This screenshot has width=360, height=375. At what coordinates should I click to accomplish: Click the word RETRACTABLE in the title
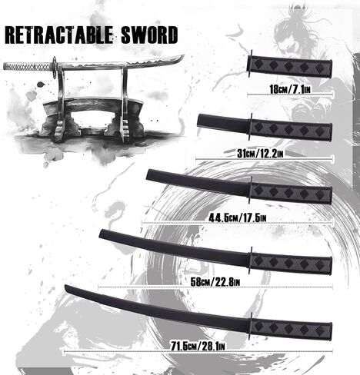tap(58, 35)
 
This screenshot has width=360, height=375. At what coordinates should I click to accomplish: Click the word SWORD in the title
tap(149, 35)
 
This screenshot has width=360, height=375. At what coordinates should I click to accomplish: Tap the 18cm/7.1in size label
tap(290, 89)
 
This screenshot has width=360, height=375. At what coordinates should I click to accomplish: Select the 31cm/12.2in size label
tap(260, 154)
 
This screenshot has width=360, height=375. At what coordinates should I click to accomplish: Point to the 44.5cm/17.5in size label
tap(238, 218)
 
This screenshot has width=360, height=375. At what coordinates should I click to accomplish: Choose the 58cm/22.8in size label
tap(215, 282)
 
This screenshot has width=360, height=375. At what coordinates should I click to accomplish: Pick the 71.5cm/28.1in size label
tap(198, 347)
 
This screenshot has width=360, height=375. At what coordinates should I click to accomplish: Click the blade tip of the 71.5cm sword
tap(65, 287)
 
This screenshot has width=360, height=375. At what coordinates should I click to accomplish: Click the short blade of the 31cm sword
tap(223, 122)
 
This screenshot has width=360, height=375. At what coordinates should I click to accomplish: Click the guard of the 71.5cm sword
tap(251, 326)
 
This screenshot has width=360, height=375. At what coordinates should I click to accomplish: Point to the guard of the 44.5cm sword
tap(251, 190)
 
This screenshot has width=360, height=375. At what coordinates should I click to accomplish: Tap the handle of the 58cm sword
tap(292, 264)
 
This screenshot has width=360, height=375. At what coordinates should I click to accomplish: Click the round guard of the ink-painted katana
tap(55, 68)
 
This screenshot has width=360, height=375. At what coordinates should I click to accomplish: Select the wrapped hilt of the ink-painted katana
tap(28, 67)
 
